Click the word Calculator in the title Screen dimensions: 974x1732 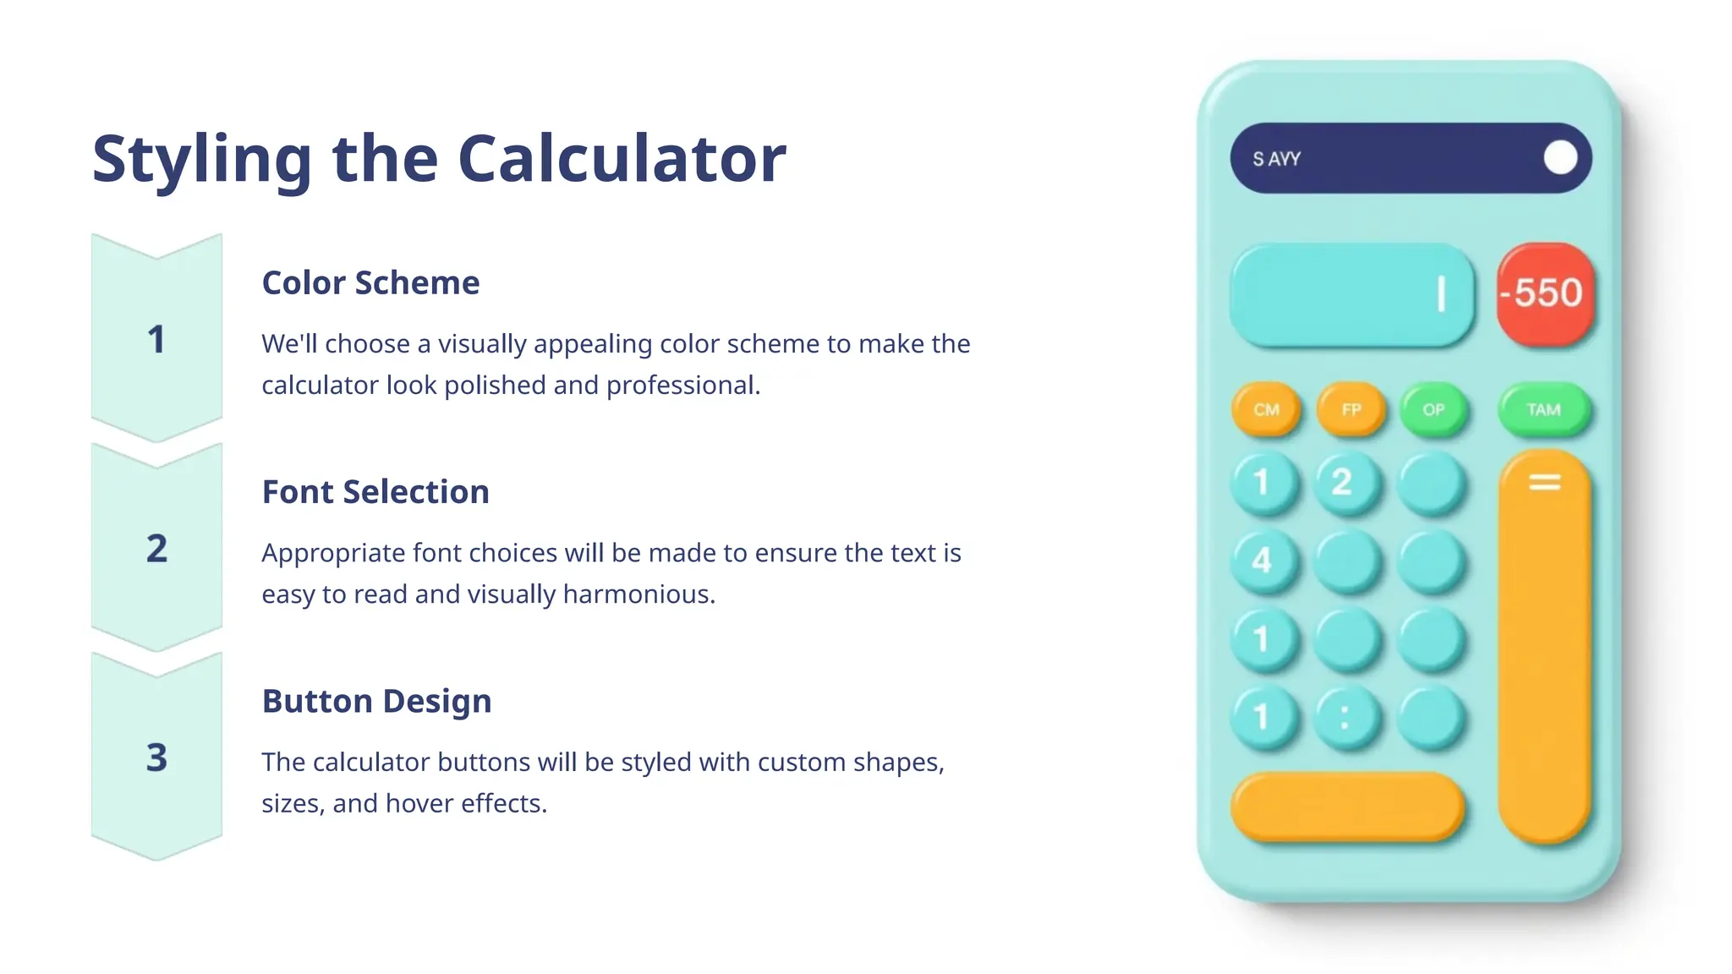click(x=622, y=159)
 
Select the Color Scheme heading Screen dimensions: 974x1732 click(x=370, y=283)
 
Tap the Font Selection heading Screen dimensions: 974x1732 click(x=375, y=492)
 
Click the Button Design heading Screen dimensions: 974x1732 click(x=376, y=701)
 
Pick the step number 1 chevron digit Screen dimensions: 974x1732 click(x=156, y=340)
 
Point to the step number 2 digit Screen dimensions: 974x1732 click(x=156, y=549)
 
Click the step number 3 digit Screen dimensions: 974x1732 click(x=156, y=758)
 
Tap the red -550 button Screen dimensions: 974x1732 click(x=1545, y=293)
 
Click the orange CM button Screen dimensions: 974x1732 click(x=1266, y=410)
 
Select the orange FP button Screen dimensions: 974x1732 click(x=1351, y=410)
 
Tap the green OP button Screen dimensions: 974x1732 click(x=1433, y=410)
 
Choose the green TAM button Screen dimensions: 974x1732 click(x=1543, y=410)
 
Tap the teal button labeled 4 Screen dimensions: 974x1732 click(x=1262, y=560)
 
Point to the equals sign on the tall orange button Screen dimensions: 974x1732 click(x=1544, y=483)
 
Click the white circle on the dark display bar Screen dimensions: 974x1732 click(x=1560, y=158)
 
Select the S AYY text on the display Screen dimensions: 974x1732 click(x=1276, y=159)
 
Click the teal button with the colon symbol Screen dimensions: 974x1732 click(x=1345, y=718)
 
